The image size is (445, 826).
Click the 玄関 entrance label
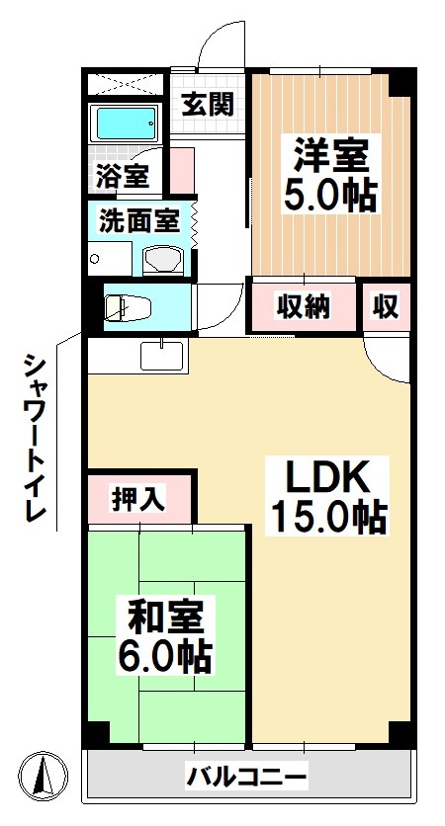209,103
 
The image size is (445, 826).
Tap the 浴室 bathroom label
123,176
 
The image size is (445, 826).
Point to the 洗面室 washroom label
138,220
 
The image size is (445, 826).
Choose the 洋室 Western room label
329,155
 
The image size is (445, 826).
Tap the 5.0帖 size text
330,195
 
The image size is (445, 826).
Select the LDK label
327,477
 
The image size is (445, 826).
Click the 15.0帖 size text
329,517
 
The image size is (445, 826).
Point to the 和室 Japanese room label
166,616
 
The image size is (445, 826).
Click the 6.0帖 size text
166,655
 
